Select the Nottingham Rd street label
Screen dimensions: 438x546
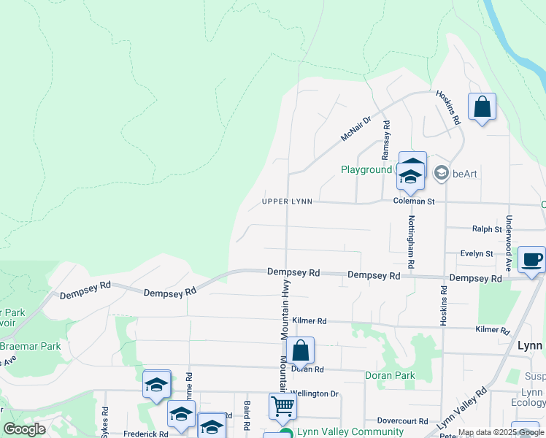pyautogui.click(x=412, y=242)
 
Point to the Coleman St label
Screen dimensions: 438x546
pyautogui.click(x=413, y=201)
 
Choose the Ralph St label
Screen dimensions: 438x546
pyautogui.click(x=487, y=228)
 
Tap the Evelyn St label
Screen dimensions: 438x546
pyautogui.click(x=477, y=253)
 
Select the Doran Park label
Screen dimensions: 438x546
pyautogui.click(x=390, y=375)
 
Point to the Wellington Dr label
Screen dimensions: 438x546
pyautogui.click(x=315, y=393)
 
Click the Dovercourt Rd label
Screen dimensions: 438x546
pyautogui.click(x=402, y=420)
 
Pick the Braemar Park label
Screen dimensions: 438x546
pyautogui.click(x=31, y=346)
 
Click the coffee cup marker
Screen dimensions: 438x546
pyautogui.click(x=531, y=259)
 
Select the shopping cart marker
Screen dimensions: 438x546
pyautogui.click(x=282, y=405)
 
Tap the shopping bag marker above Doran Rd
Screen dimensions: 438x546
pyautogui.click(x=300, y=350)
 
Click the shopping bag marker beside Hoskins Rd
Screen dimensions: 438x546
pyautogui.click(x=482, y=107)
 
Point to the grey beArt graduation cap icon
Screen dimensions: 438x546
pyautogui.click(x=441, y=173)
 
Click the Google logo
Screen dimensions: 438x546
pyautogui.click(x=24, y=429)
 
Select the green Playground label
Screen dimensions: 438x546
pyautogui.click(x=366, y=169)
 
